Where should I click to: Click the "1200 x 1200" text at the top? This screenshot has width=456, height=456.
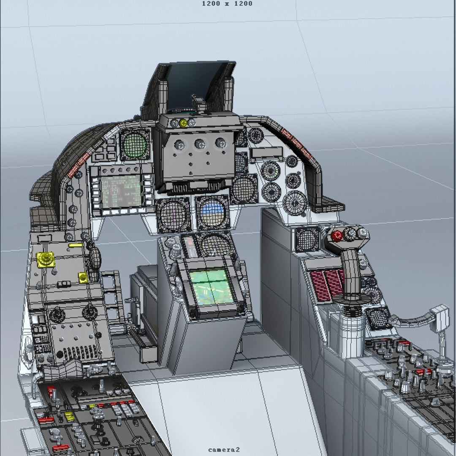[227, 4]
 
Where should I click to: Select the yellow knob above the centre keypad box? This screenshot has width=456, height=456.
[184, 123]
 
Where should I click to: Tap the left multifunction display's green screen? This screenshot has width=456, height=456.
[121, 191]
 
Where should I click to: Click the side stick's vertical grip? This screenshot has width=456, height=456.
[351, 271]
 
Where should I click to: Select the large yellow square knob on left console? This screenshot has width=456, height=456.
[46, 259]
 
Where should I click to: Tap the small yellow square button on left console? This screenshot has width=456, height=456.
[83, 277]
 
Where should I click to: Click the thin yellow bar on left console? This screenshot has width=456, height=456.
[76, 245]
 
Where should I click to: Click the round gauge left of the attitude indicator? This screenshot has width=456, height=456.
[174, 214]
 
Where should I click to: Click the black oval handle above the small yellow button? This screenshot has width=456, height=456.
[95, 257]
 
